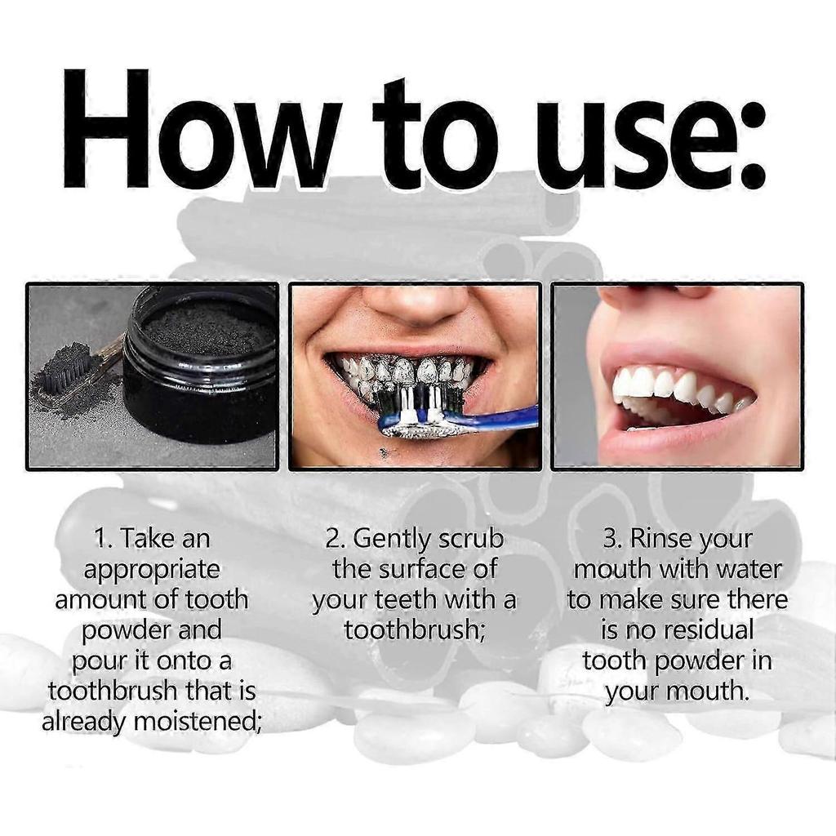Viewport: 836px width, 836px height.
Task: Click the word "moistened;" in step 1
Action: [196, 722]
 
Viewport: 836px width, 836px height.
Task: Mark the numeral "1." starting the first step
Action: [105, 539]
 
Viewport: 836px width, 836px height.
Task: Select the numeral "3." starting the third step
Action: [614, 539]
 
